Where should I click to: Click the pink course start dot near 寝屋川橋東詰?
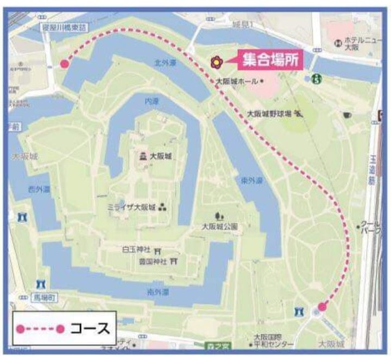pyautogui.click(x=64, y=64)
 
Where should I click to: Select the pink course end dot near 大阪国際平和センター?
pyautogui.click(x=322, y=307)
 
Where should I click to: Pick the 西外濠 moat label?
pyautogui.click(x=39, y=189)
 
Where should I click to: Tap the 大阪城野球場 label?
pyautogui.click(x=268, y=113)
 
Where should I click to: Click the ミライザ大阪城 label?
pyautogui.click(x=131, y=207)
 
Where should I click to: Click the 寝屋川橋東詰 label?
pyautogui.click(x=64, y=27)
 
